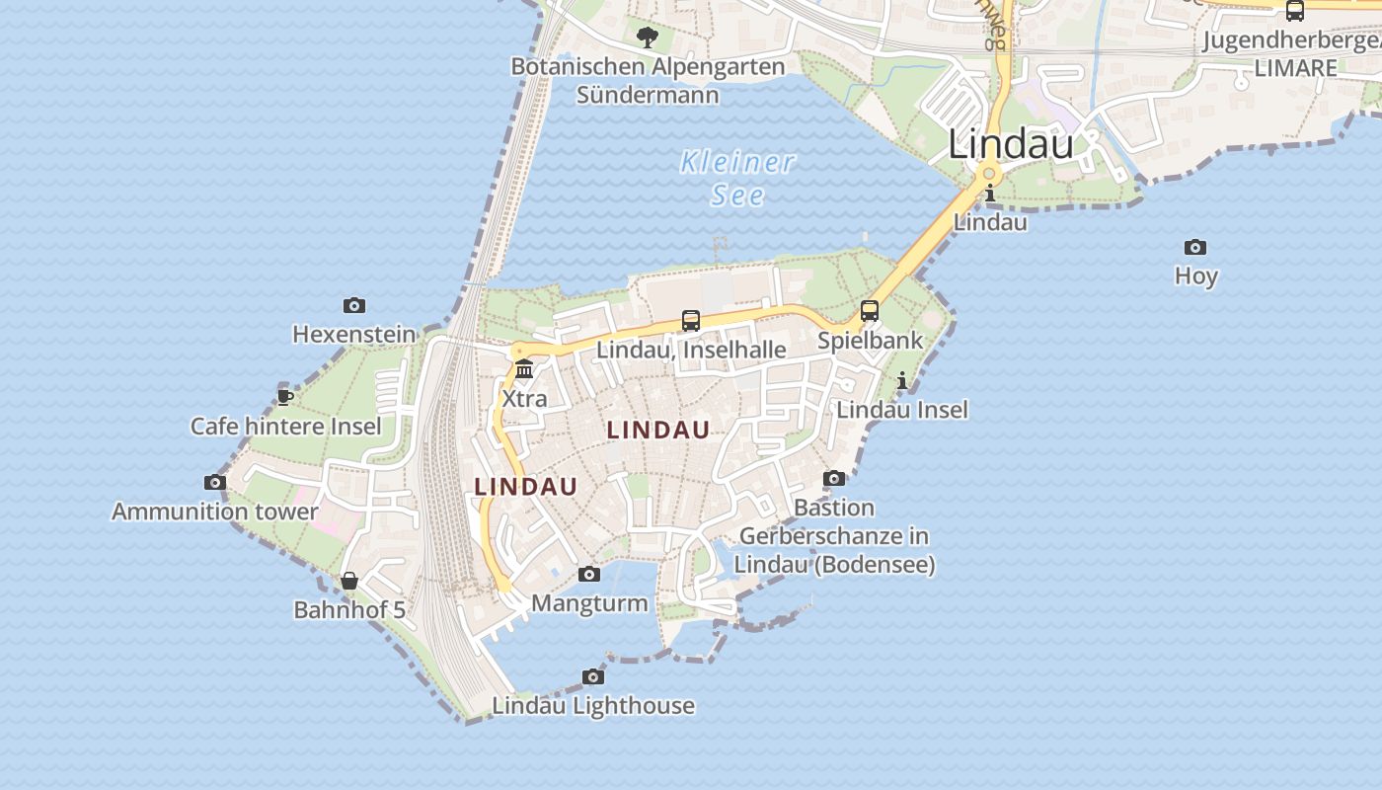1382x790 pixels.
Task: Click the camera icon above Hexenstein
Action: pyautogui.click(x=354, y=305)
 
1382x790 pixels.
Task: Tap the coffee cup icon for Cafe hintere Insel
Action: pyautogui.click(x=285, y=397)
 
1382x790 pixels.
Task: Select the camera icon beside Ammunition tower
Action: pyautogui.click(x=215, y=483)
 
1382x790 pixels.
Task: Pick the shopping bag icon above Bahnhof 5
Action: pyautogui.click(x=349, y=581)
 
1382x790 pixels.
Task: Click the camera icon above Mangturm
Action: pyautogui.click(x=589, y=574)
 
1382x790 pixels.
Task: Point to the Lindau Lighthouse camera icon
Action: pyautogui.click(x=593, y=676)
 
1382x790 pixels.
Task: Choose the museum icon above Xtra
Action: pyautogui.click(x=524, y=369)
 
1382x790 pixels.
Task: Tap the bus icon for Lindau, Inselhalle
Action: pyautogui.click(x=691, y=321)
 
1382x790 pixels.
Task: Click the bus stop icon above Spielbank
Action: pyautogui.click(x=870, y=311)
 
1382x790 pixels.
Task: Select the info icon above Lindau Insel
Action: pyautogui.click(x=901, y=380)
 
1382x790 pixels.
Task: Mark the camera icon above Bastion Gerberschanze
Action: pyautogui.click(x=834, y=479)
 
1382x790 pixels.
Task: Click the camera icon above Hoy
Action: pyautogui.click(x=1195, y=247)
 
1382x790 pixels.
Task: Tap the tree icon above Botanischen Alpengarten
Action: pyautogui.click(x=648, y=38)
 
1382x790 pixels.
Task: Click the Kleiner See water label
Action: pyautogui.click(x=737, y=178)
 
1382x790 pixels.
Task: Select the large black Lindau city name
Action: pyautogui.click(x=1011, y=144)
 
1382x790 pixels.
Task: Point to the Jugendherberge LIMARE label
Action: pyautogui.click(x=1293, y=54)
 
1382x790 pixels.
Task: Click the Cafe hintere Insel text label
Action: pyautogui.click(x=286, y=427)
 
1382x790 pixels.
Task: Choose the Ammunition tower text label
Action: pyautogui.click(x=214, y=512)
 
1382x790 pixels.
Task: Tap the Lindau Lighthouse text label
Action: pyautogui.click(x=593, y=706)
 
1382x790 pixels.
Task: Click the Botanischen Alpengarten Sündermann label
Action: pyautogui.click(x=648, y=81)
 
